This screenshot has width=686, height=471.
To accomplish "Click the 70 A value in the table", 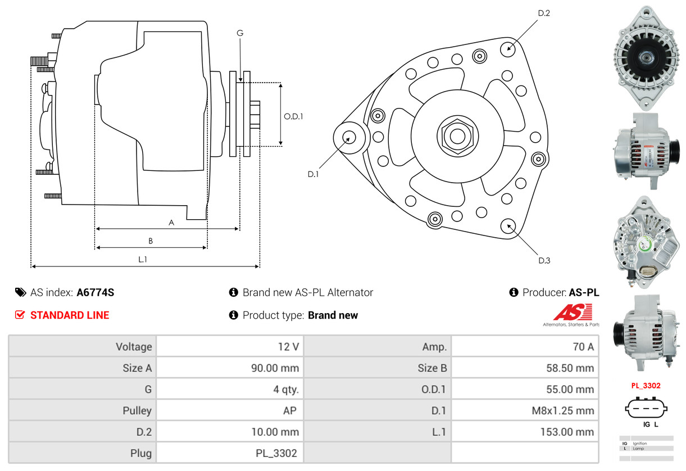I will [x=583, y=346].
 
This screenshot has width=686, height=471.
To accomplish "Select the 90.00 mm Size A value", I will [x=275, y=368].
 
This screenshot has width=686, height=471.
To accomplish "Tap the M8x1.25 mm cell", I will [x=563, y=410].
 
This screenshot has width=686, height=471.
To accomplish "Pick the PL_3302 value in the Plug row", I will [x=278, y=452].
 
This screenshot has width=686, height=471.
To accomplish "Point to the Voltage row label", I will [x=134, y=346].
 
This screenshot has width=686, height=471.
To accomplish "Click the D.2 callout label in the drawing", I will [x=544, y=13].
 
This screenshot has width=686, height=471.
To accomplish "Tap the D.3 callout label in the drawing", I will [x=544, y=260].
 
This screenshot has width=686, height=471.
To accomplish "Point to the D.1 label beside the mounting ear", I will [x=313, y=174].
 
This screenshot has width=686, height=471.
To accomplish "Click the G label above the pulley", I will [x=240, y=33].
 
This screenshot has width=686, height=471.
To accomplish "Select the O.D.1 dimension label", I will [x=293, y=116].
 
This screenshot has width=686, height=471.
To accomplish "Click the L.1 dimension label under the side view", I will [x=143, y=260].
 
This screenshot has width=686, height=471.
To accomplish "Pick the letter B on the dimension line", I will [x=151, y=241].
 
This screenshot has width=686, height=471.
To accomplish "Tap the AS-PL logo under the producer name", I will [x=571, y=315].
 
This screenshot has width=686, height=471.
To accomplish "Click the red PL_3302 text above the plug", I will [x=646, y=386].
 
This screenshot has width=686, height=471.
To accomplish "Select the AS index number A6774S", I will [x=96, y=292].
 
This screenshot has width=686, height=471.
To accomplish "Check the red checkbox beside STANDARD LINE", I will [x=20, y=315].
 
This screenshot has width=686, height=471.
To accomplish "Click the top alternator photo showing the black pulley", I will [x=646, y=57].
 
